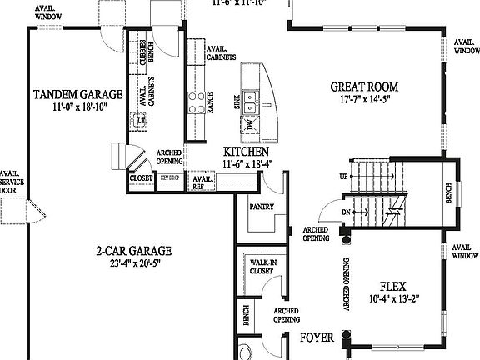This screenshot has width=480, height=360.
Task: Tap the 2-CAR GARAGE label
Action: coord(133,250)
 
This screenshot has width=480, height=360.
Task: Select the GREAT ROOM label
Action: coord(363,87)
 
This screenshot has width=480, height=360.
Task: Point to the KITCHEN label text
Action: coord(246,152)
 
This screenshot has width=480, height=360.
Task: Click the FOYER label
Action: coord(317,337)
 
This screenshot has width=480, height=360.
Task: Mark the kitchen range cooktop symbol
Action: coord(197,102)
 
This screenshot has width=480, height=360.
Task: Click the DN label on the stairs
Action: coord(343,212)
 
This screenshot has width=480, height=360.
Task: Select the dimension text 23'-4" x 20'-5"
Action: coord(133,263)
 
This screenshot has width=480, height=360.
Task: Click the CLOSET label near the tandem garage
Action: coord(139,177)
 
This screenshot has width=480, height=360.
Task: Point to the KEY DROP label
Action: coord(170,177)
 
